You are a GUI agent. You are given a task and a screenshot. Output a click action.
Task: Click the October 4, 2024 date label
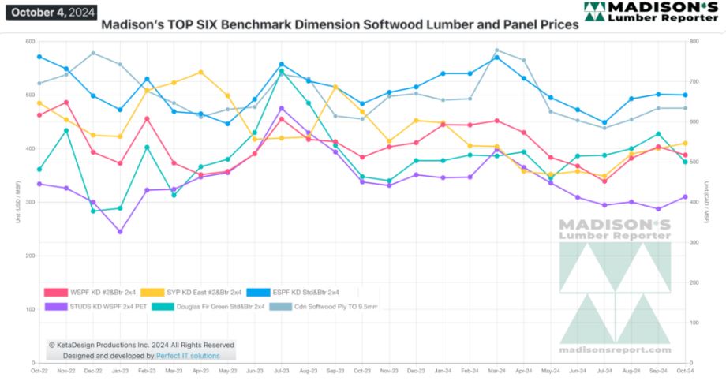coord(51,12)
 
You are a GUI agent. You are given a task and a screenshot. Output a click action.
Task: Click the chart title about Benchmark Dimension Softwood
coord(339,24)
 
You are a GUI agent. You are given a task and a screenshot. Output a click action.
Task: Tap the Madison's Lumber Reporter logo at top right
coord(652,12)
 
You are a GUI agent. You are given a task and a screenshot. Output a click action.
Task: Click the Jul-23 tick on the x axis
coord(281,369)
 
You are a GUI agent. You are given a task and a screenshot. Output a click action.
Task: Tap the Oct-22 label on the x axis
coord(39,369)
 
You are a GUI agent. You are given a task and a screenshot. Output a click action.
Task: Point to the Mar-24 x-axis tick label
coord(496,369)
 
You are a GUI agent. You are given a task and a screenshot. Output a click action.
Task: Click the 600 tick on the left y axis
coord(30,42)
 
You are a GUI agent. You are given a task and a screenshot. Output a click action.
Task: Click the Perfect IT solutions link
coord(188,356)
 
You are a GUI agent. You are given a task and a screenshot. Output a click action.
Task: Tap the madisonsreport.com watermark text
coord(615,349)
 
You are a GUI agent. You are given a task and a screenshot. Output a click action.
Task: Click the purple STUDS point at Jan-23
coord(120,232)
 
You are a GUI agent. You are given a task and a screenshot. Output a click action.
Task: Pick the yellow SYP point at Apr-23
coord(200,72)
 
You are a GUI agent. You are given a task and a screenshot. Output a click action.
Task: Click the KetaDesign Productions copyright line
coord(141,345)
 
